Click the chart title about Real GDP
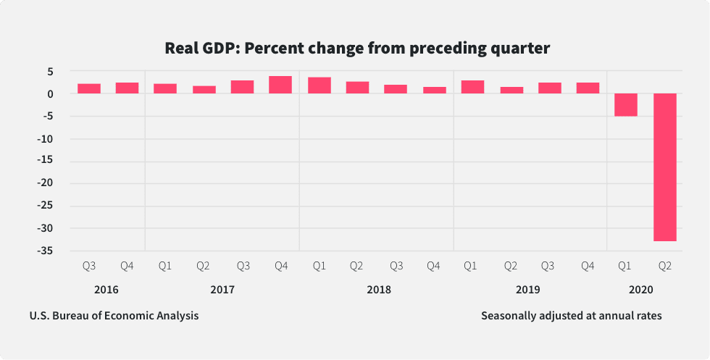[x=357, y=49]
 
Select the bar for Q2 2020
[x=664, y=167]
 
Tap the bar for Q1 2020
[x=626, y=104]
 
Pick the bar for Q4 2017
[x=280, y=85]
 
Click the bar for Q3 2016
[x=88, y=88]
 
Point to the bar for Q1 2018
[x=319, y=85]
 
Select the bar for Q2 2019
[x=511, y=90]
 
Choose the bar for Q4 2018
[x=434, y=90]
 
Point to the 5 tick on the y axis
[x=51, y=72]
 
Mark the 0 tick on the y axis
[x=51, y=94]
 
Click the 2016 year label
[x=106, y=290]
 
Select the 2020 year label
[x=641, y=290]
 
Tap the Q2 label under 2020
[x=664, y=267]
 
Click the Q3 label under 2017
[x=242, y=267]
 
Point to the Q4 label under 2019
[x=588, y=267]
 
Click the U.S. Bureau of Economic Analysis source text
[x=114, y=316]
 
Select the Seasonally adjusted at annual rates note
[x=571, y=316]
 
